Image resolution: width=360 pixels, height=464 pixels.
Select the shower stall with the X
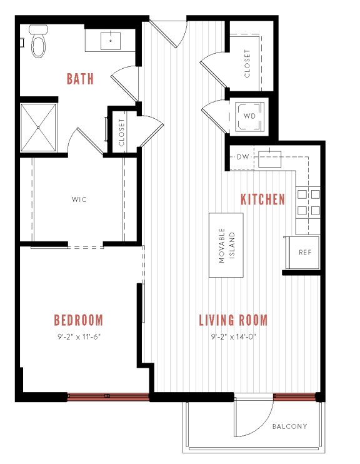pyautogui.click(x=38, y=127)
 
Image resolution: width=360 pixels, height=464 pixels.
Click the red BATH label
pyautogui.click(x=80, y=79)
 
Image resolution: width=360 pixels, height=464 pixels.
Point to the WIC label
pyautogui.click(x=78, y=200)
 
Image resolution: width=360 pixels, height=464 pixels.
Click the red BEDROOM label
pyautogui.click(x=78, y=320)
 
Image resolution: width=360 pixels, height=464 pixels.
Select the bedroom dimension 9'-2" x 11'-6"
pyautogui.click(x=78, y=336)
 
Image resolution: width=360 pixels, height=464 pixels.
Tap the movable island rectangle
pyautogui.click(x=225, y=245)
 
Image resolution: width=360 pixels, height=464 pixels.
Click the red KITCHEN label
pyautogui.click(x=262, y=199)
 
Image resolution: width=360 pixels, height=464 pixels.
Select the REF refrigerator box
pyautogui.click(x=304, y=253)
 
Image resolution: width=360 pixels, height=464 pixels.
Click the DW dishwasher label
pyautogui.click(x=242, y=156)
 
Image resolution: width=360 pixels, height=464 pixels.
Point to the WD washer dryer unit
pyautogui.click(x=249, y=116)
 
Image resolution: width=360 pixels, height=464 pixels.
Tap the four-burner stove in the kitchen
pyautogui.click(x=309, y=202)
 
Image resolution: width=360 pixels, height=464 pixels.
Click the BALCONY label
pyautogui.click(x=289, y=427)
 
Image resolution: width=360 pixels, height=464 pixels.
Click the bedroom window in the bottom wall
pyautogui.click(x=107, y=395)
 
